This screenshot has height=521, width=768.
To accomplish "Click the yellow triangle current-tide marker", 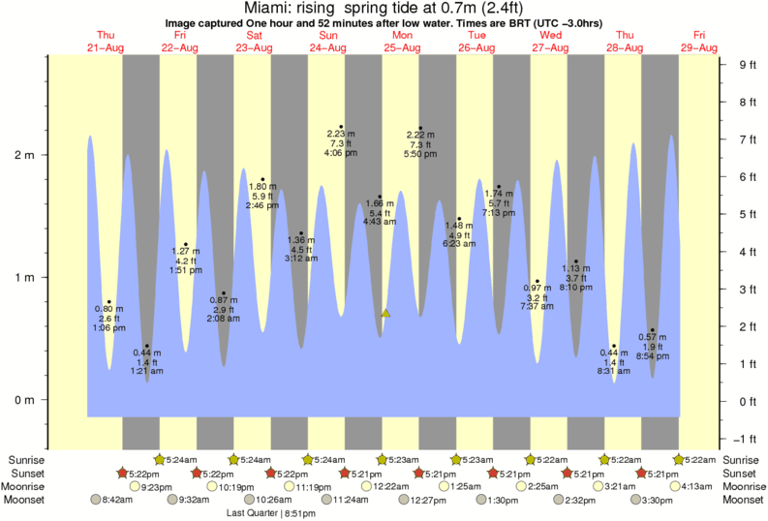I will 385,314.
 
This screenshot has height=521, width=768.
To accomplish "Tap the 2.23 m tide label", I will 340,133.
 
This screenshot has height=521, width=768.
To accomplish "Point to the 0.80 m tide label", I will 108,308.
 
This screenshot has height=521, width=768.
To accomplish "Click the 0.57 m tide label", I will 652,337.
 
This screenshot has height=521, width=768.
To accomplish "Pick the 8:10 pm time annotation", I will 575,288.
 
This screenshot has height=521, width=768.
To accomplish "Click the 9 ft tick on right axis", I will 748,65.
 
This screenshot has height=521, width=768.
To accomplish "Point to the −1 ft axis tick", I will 745,438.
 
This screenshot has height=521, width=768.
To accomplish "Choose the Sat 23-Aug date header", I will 254,42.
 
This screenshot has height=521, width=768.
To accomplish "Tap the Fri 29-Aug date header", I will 699,42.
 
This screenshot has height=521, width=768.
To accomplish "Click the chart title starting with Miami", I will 384,8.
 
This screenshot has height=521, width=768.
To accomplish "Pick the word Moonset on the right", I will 743,500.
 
